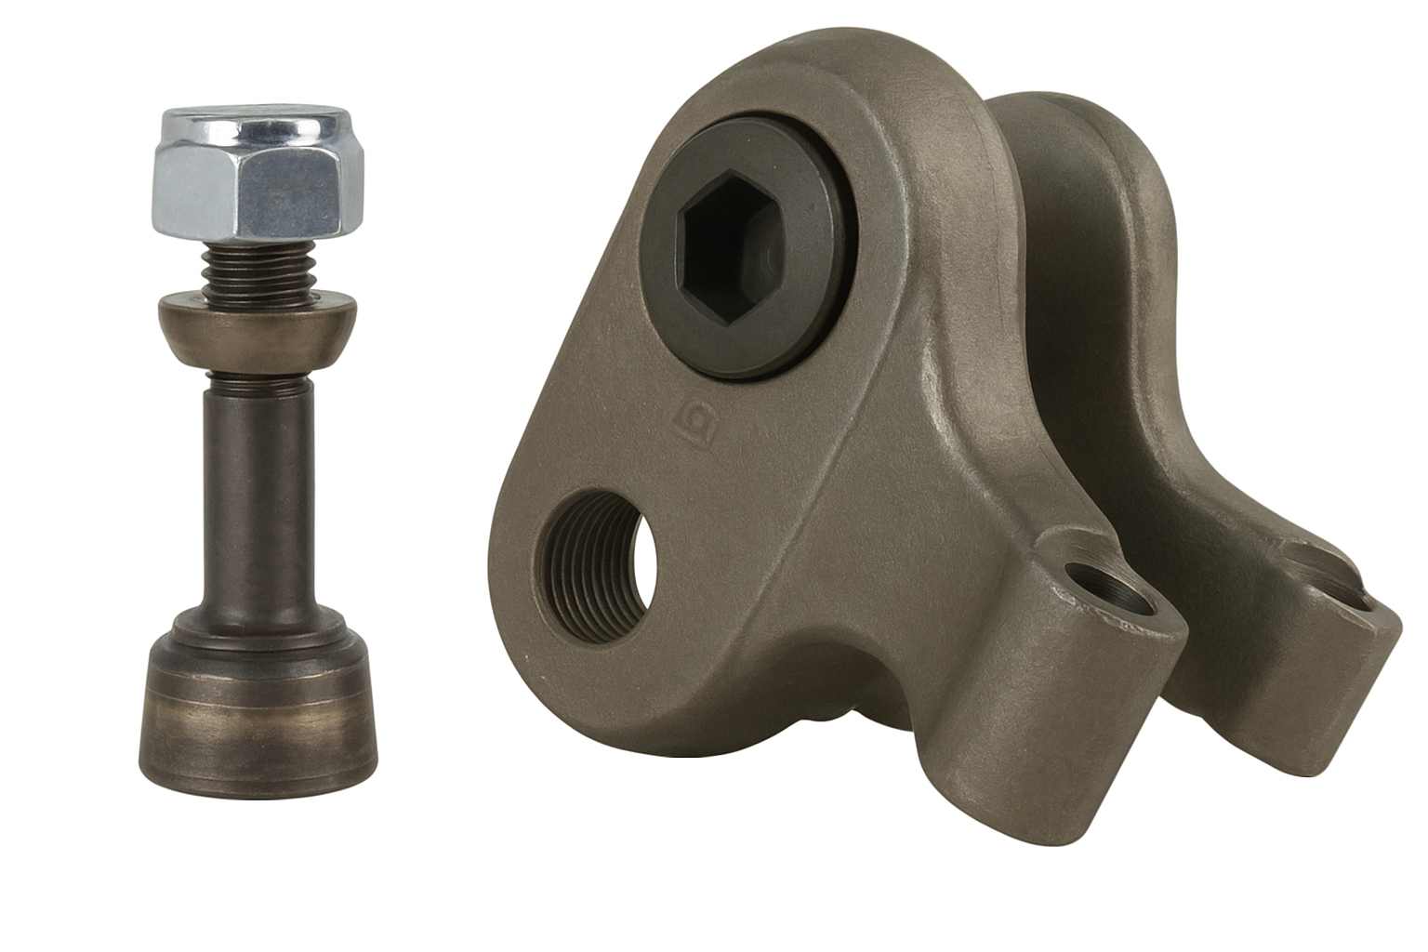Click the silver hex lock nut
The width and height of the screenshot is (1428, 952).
coord(257,182)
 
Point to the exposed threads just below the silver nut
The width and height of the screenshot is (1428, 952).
coord(258,270)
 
